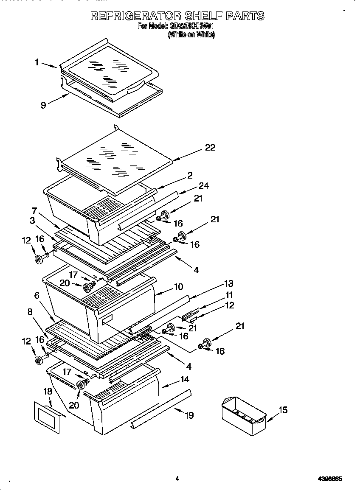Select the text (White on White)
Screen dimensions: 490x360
(191, 35)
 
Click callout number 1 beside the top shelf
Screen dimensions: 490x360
(37, 62)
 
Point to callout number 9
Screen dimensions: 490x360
(43, 105)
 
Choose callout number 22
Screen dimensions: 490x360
(210, 148)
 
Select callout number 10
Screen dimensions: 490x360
(178, 287)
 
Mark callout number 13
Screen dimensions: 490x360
(229, 283)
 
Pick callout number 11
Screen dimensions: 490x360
(229, 295)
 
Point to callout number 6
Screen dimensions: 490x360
(37, 295)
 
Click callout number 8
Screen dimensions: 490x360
(30, 312)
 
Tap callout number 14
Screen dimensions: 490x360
(184, 379)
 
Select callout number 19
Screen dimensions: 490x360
(189, 415)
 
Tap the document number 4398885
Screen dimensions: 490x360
(330, 479)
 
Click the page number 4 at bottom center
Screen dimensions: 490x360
(177, 479)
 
